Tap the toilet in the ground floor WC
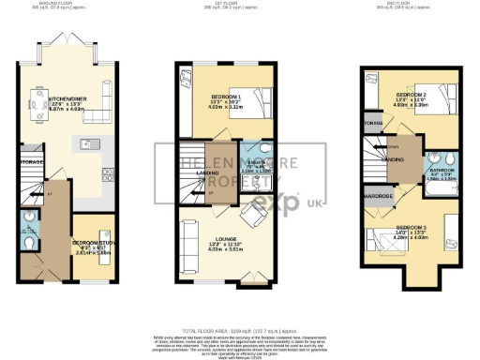[29, 245]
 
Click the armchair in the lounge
[252, 193]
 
